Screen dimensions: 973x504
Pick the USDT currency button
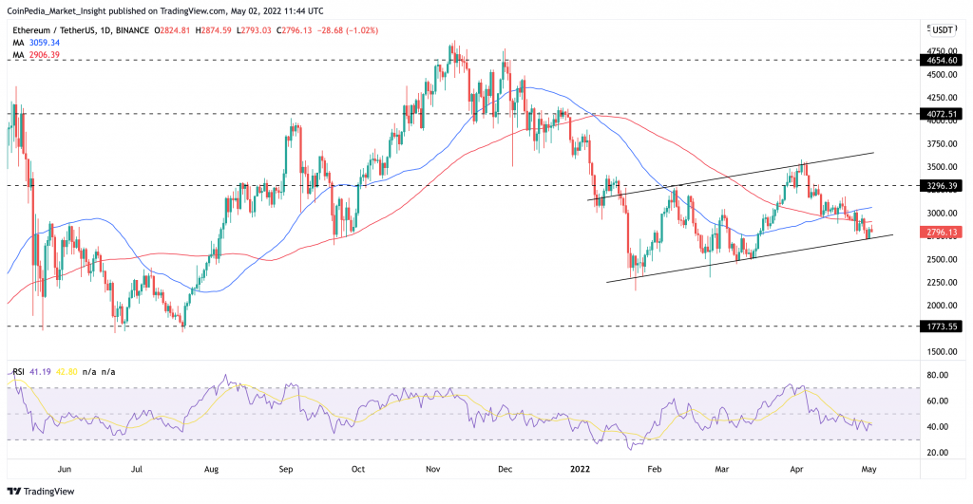pos(943,29)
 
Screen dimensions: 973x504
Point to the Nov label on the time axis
pos(432,469)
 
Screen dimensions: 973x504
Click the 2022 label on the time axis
pos(581,469)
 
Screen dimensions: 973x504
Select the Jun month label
pos(65,469)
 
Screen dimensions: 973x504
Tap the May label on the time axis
pos(868,469)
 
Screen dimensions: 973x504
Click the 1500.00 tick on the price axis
pos(942,351)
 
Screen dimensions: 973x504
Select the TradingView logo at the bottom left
pos(41,492)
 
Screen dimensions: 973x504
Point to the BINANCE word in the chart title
pos(132,30)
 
